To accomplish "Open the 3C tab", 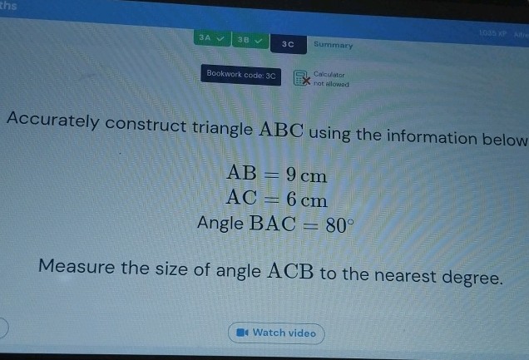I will [x=288, y=43].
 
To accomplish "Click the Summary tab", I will [x=334, y=45].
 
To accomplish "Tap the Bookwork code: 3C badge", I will [x=241, y=75].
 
